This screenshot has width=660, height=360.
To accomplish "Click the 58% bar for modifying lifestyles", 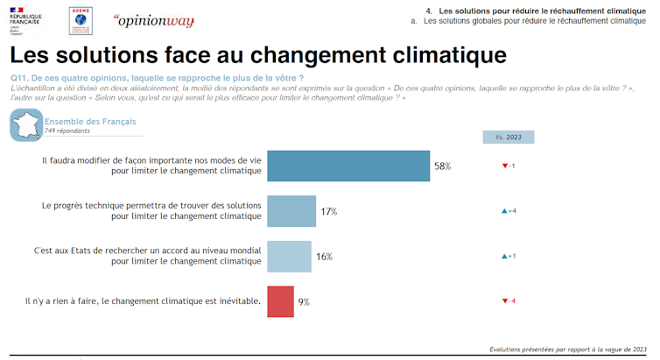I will click(x=348, y=166).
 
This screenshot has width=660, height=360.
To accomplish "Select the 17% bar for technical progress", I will click(x=291, y=211).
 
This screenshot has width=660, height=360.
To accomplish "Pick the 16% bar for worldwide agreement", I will click(x=288, y=256).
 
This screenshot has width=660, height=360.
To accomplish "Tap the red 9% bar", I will click(x=279, y=301).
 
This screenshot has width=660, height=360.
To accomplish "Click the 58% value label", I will click(x=442, y=166).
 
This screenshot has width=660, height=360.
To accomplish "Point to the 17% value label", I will click(x=328, y=211).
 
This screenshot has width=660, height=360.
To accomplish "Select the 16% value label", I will click(x=324, y=257).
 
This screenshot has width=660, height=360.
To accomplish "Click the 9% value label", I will click(x=304, y=301).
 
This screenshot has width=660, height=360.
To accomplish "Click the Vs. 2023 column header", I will click(x=508, y=137).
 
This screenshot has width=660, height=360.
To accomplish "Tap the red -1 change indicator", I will click(x=508, y=166).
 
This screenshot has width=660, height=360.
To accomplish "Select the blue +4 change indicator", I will click(x=508, y=211).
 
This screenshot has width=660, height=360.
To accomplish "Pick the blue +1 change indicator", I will click(x=508, y=257).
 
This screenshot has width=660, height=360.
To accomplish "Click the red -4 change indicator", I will click(x=508, y=301).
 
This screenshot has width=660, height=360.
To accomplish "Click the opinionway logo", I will click(x=153, y=20).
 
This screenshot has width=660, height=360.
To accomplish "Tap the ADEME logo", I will click(x=82, y=19).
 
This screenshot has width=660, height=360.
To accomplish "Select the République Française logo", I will click(x=26, y=19).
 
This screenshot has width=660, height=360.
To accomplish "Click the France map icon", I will click(x=26, y=124).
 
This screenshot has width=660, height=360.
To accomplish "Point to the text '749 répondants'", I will click(x=68, y=131).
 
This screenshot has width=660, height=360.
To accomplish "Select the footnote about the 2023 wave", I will click(x=568, y=348).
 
